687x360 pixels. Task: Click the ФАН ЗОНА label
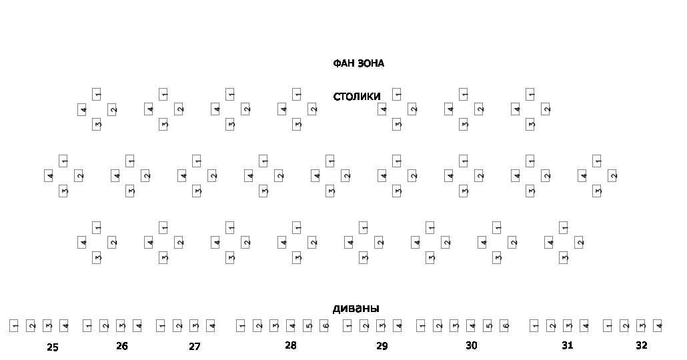(358, 63)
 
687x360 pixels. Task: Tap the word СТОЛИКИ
(357, 97)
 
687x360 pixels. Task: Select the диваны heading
(356, 308)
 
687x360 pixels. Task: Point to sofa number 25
(53, 347)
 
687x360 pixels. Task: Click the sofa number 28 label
(291, 345)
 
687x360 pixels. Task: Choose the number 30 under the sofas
(472, 345)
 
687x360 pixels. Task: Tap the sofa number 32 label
(642, 345)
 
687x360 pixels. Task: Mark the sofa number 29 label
(382, 346)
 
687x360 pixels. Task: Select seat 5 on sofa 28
(308, 326)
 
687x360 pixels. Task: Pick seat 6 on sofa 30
(505, 326)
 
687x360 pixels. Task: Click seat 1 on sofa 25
(14, 326)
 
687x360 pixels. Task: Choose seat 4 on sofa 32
(658, 326)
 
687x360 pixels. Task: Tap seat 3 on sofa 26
(121, 326)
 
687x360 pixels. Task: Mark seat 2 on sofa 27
(178, 326)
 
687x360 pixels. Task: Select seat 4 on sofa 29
(398, 326)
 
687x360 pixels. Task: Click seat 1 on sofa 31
(535, 326)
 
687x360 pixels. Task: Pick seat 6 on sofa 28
(325, 326)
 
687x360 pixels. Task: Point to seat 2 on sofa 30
(438, 326)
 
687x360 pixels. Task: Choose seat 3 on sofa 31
(568, 326)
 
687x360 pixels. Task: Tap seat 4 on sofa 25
(65, 326)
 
